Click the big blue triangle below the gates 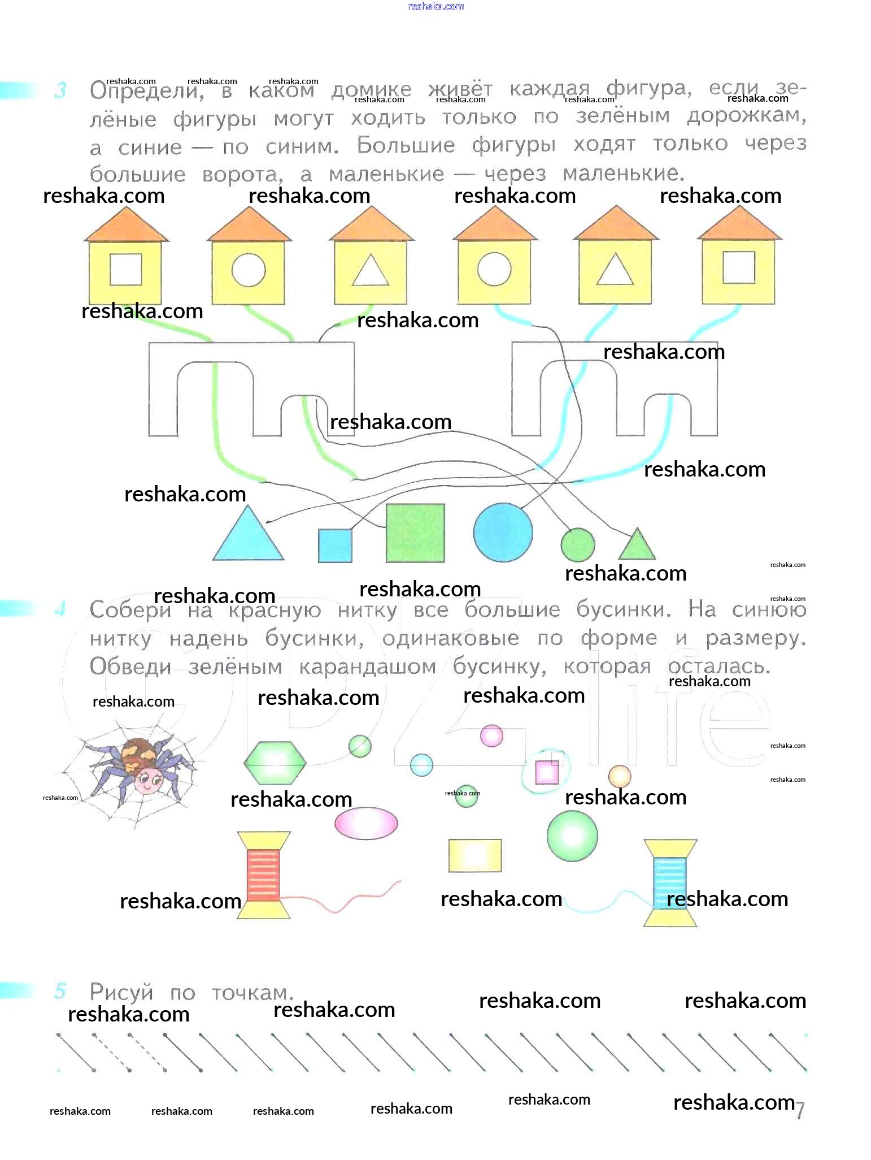tap(248, 538)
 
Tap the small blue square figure tap(335, 546)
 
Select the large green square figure tap(415, 533)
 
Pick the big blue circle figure tap(503, 533)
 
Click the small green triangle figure tap(637, 546)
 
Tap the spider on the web tap(137, 765)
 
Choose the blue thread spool tap(670, 882)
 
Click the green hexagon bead tap(275, 763)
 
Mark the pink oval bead tap(366, 823)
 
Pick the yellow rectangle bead tap(475, 855)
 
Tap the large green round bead tap(572, 836)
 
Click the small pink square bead tap(547, 772)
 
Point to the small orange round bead tap(620, 776)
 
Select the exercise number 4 tap(60, 609)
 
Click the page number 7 tap(799, 1110)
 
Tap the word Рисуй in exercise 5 tap(121, 992)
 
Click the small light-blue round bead tap(421, 765)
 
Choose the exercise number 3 tap(60, 90)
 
